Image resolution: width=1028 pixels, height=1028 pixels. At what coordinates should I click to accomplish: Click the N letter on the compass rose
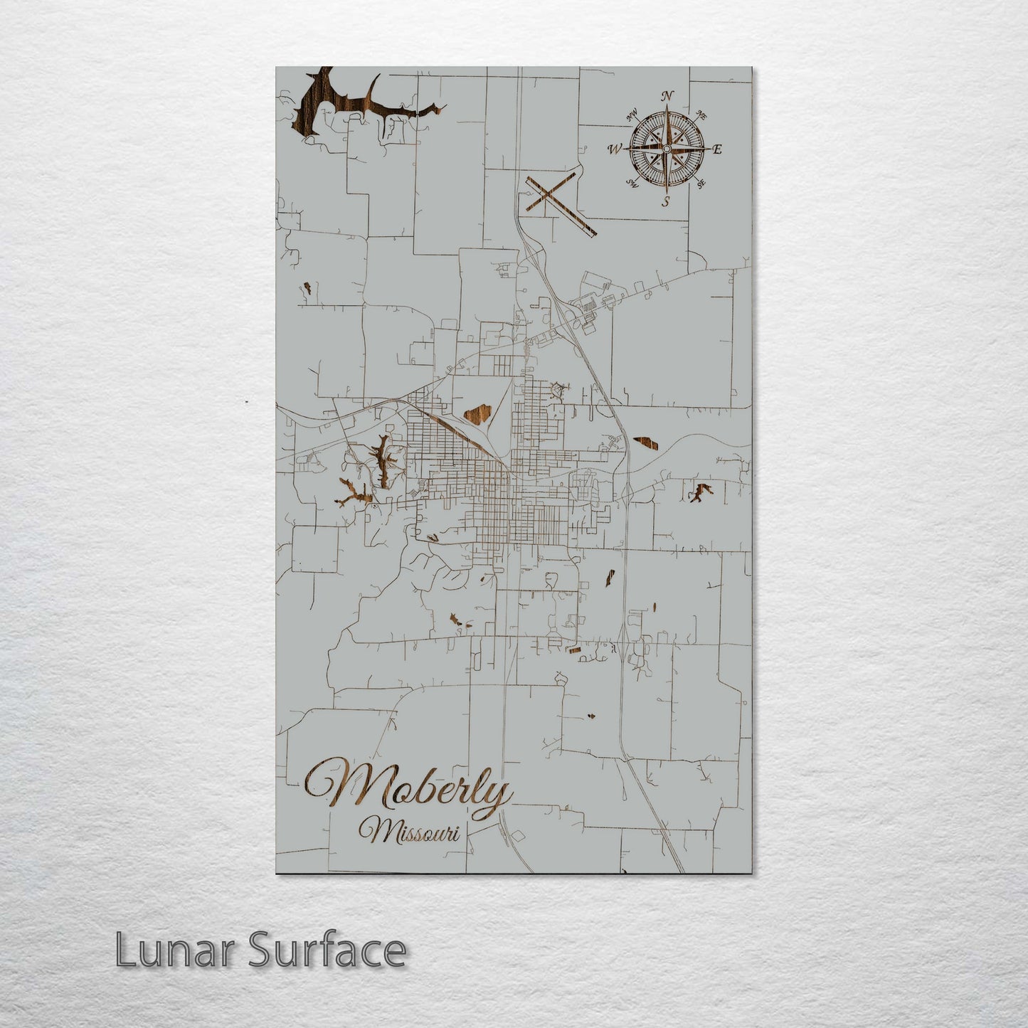point(667,96)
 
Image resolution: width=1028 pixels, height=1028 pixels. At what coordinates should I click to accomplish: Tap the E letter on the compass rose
point(717,149)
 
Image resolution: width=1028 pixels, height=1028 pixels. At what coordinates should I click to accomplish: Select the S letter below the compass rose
point(666,201)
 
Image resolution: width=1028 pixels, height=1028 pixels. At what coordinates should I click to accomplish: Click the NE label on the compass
point(701,114)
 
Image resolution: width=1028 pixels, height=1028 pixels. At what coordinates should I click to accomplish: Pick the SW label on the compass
point(631,184)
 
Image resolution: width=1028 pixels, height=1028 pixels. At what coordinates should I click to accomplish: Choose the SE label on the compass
point(701,184)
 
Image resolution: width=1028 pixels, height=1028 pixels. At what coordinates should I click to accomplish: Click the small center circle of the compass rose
point(667,149)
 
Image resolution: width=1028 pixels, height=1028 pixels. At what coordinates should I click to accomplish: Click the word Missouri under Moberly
point(408,831)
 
